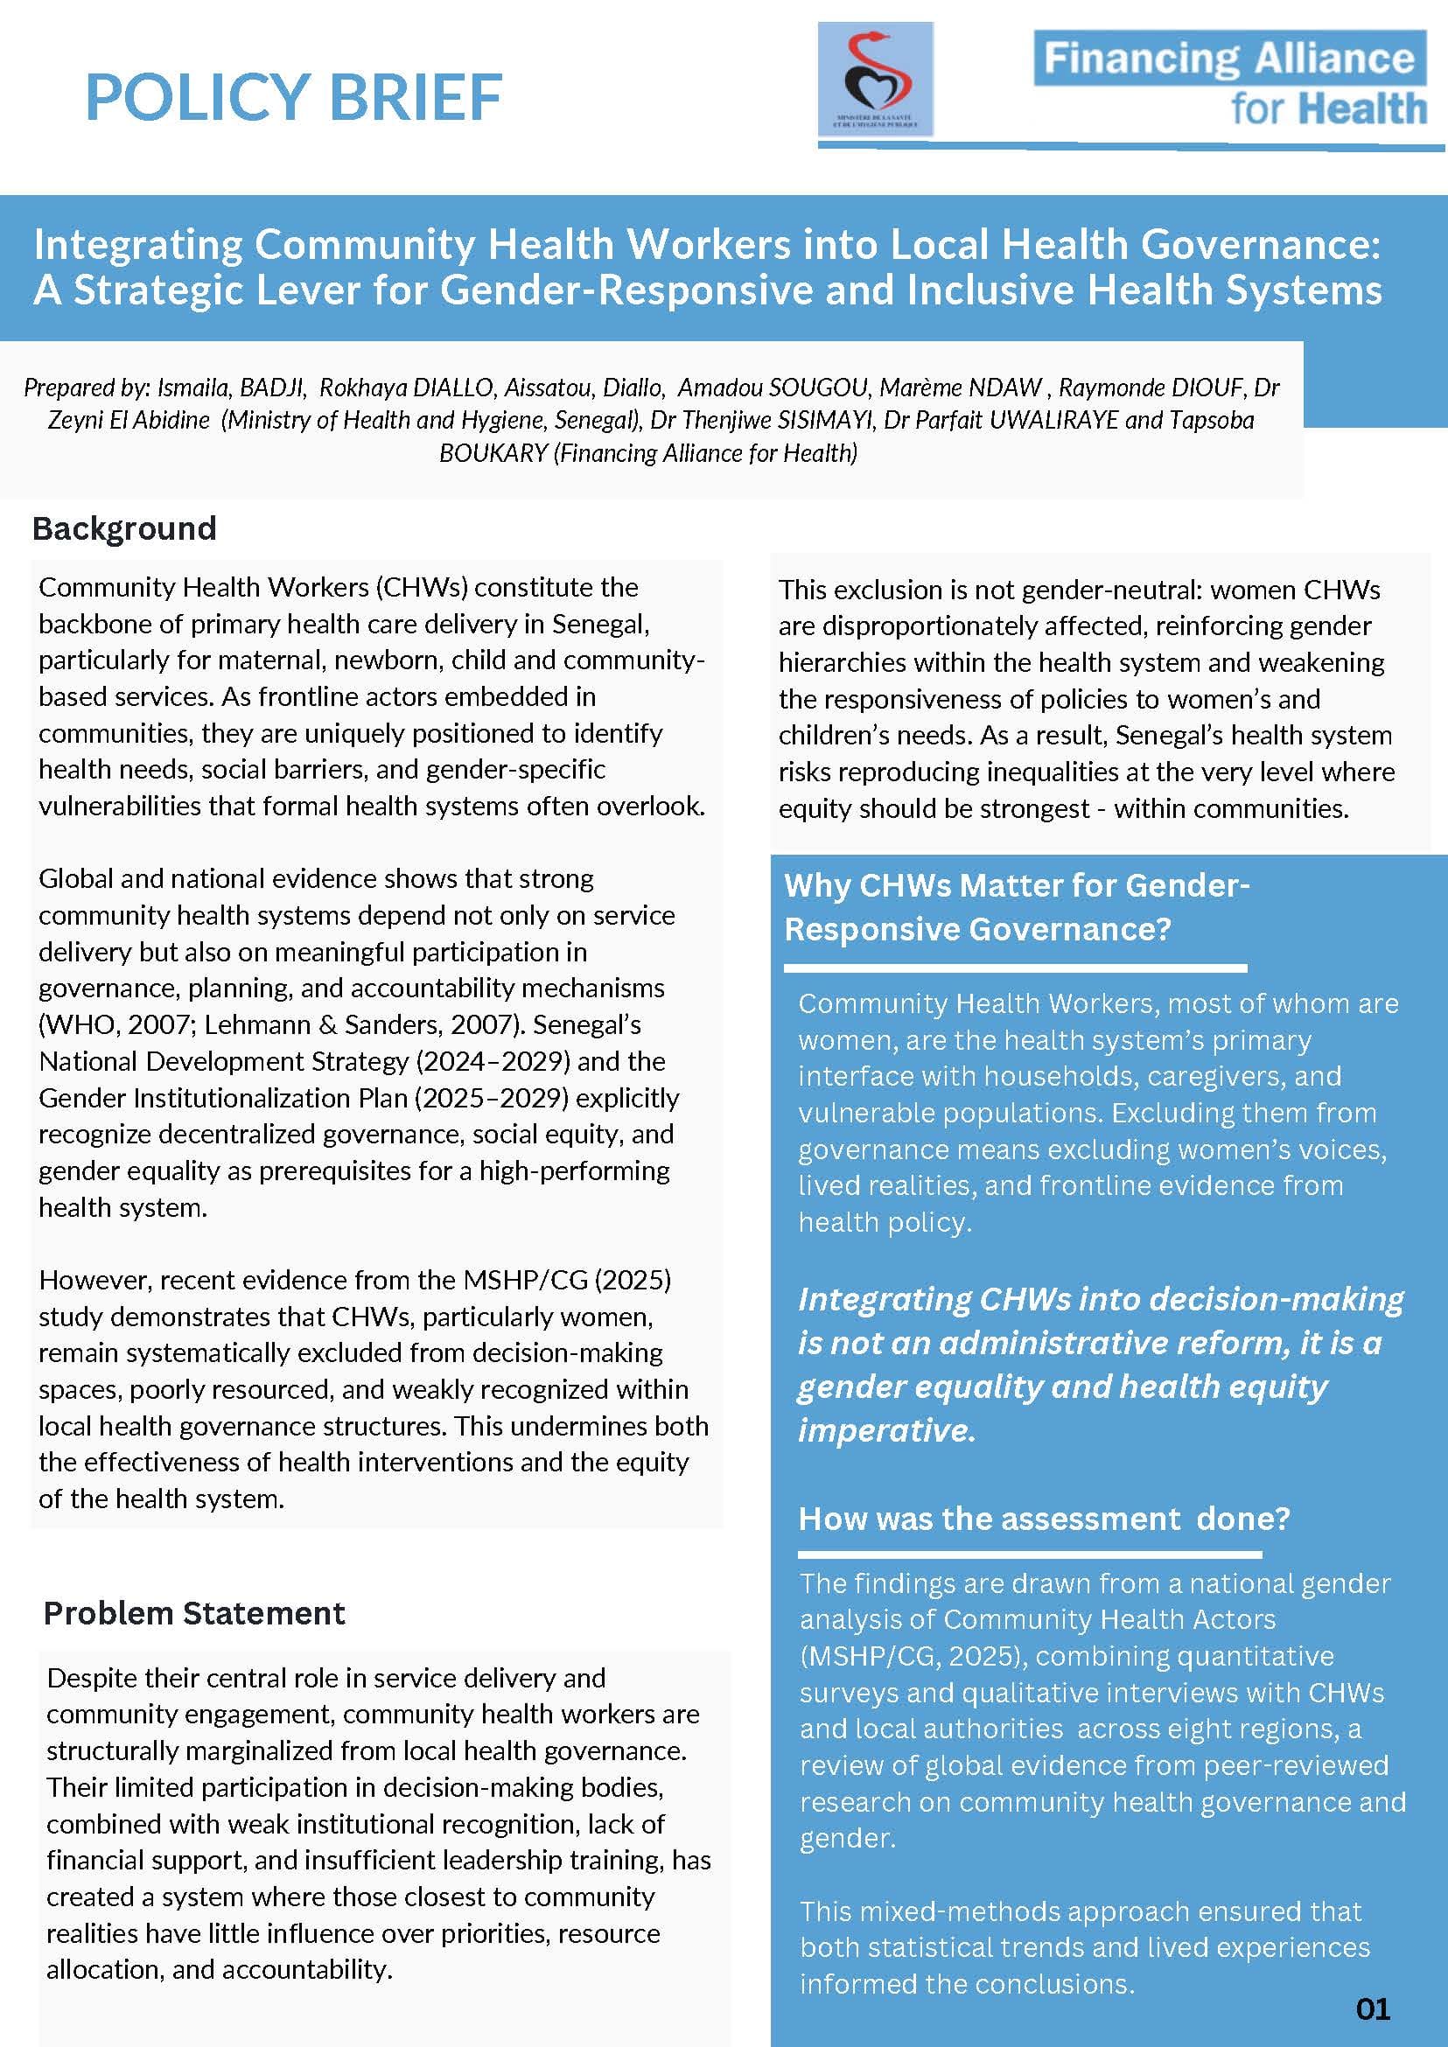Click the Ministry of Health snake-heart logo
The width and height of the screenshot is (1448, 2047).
[876, 80]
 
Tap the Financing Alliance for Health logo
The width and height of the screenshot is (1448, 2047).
[1230, 82]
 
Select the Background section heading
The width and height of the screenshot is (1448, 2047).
[124, 528]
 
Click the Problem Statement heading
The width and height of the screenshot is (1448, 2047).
[193, 1613]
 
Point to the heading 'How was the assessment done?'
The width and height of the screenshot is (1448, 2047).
[1043, 1519]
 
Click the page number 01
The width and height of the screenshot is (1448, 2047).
[1372, 2009]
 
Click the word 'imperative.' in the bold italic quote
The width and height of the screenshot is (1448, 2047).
[886, 1430]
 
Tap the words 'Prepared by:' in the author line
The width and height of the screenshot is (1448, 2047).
[87, 388]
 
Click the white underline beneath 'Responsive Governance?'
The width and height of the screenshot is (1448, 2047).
[1015, 968]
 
